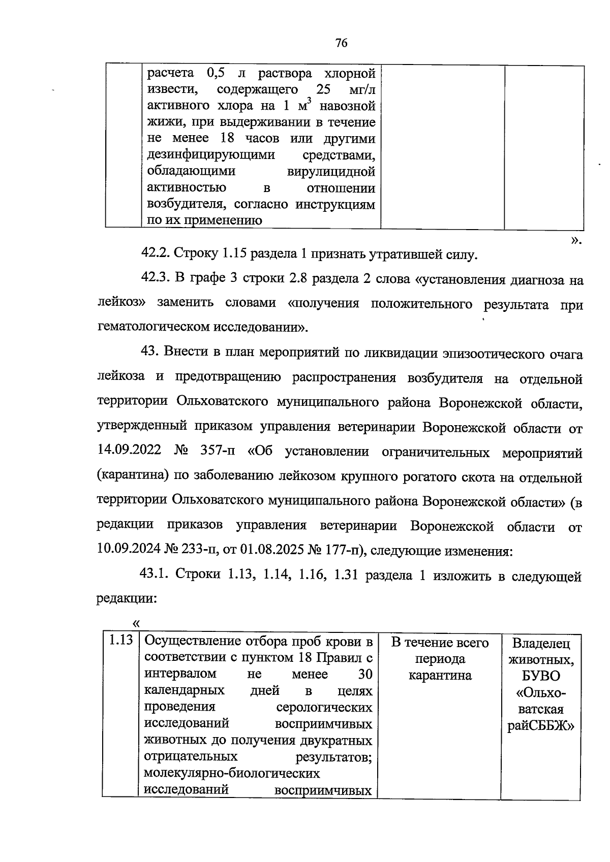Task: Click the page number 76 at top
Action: coord(342,43)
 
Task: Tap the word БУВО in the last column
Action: coord(541,676)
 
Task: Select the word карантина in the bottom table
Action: coord(440,676)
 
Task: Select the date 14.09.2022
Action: coord(129,451)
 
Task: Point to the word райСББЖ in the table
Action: coord(541,726)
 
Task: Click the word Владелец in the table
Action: coord(541,644)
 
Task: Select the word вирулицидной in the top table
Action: coord(331,171)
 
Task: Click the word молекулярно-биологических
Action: coord(232,774)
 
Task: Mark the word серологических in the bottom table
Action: coord(324,708)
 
